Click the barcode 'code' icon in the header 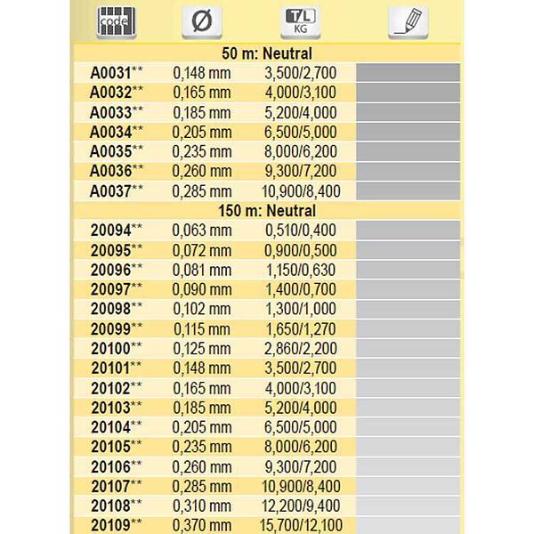tap(112, 22)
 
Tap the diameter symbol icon tap(202, 22)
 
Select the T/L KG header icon tap(301, 22)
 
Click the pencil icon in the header tap(407, 22)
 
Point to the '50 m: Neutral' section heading tap(266, 54)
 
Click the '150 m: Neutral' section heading tap(266, 211)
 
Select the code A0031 tap(110, 73)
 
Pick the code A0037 tap(110, 190)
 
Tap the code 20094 tap(110, 230)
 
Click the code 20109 tap(110, 525)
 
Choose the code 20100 tap(110, 348)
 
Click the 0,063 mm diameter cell tap(202, 230)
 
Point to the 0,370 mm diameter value tap(202, 525)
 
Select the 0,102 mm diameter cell tap(202, 308)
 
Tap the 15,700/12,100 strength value tap(302, 525)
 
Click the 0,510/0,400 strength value tap(302, 230)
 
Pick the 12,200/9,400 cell tap(302, 506)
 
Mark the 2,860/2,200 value tap(302, 348)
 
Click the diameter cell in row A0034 tap(202, 132)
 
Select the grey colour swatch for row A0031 tap(408, 73)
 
